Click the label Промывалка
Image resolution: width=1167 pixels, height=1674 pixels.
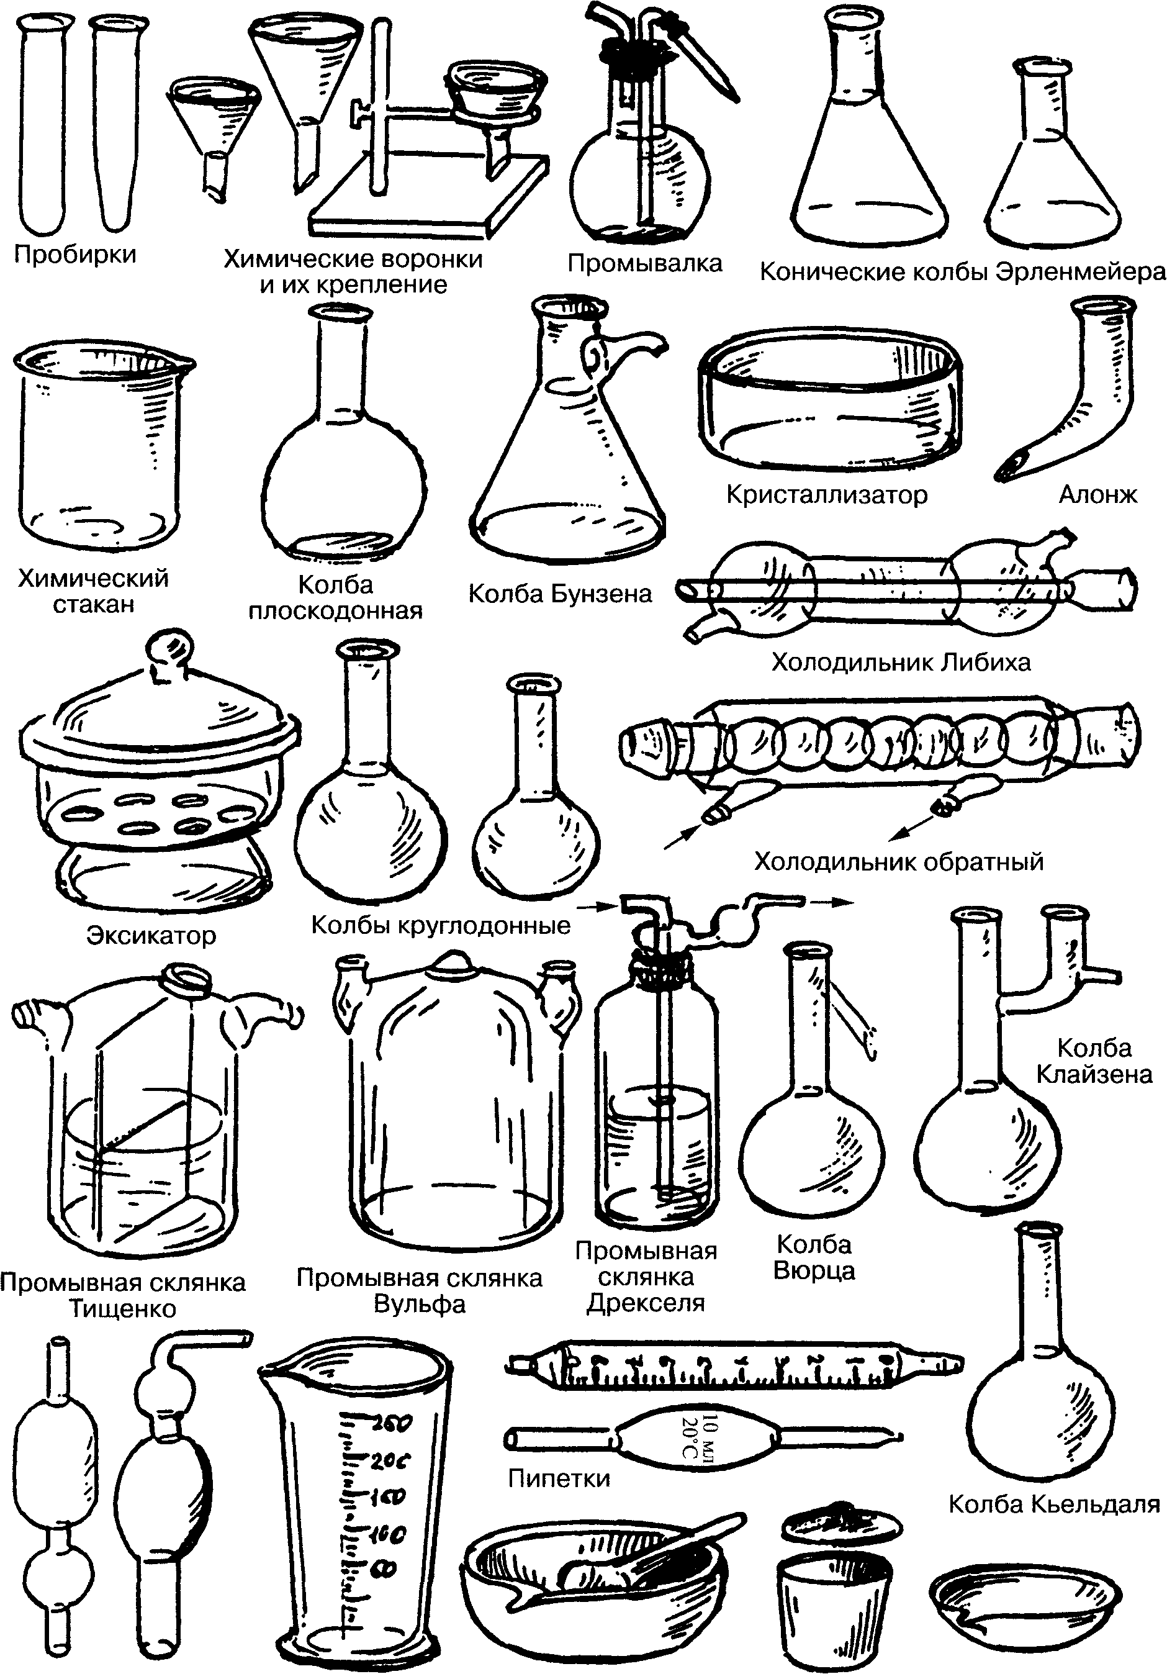coord(644,263)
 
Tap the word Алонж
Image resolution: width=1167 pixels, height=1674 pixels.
coord(1097,494)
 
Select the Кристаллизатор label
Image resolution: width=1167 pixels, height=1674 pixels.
coord(827,495)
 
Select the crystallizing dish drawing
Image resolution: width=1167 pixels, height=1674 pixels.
coord(829,398)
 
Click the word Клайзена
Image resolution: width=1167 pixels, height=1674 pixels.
coord(1094,1074)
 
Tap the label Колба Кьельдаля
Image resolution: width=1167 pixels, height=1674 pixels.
coord(1054,1504)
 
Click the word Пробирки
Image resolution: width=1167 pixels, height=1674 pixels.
coord(75,255)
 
